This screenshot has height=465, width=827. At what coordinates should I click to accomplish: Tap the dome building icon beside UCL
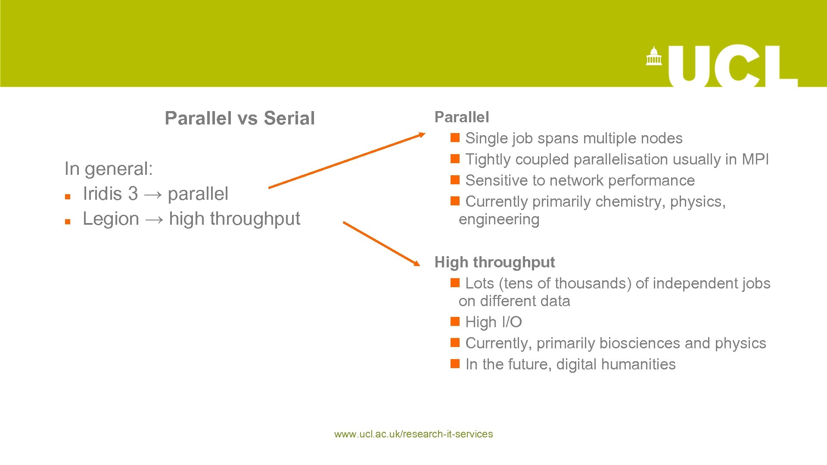tap(653, 56)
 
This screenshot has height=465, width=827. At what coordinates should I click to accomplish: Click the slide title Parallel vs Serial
tap(239, 118)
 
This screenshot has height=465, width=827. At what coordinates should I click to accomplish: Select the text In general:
tap(109, 169)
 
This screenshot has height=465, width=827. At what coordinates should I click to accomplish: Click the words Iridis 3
tap(110, 194)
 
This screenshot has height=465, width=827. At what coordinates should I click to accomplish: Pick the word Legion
tap(111, 219)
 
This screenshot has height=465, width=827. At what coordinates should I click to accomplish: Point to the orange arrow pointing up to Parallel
tap(346, 161)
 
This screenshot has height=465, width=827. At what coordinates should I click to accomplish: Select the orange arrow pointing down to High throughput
tap(381, 243)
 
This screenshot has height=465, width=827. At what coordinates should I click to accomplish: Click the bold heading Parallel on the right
tap(462, 117)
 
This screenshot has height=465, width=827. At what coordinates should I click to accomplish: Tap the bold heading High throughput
tap(494, 262)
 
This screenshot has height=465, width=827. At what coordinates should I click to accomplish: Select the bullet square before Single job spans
tap(455, 138)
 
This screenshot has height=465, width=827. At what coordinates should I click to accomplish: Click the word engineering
tap(499, 220)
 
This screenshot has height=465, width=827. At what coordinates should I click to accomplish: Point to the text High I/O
tap(494, 322)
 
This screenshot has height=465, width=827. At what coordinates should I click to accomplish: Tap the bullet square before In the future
tap(455, 364)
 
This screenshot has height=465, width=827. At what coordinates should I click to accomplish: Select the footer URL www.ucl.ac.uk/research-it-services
tap(413, 434)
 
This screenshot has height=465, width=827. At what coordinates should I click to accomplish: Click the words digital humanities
tap(616, 364)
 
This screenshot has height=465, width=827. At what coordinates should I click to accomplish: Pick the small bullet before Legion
tap(68, 222)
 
